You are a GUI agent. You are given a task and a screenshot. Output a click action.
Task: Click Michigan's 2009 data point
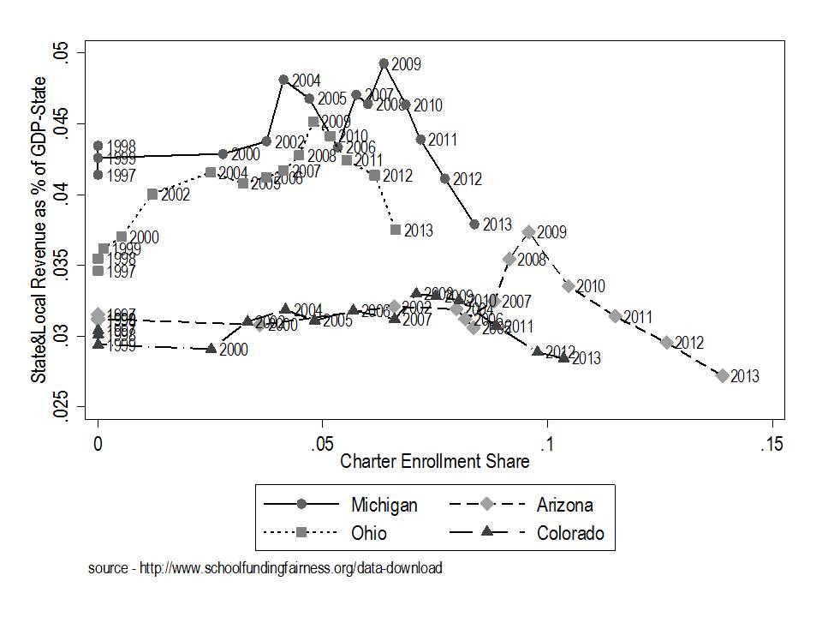click(x=384, y=63)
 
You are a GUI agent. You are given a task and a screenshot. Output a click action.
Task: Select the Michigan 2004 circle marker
click(x=283, y=79)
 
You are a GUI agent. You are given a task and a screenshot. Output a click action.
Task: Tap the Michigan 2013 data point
click(x=474, y=224)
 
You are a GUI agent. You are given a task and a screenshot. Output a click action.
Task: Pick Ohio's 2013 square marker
click(x=396, y=230)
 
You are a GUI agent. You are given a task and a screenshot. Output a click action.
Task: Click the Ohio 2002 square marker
click(x=152, y=194)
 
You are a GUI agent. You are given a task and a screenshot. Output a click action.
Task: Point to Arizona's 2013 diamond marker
click(x=723, y=375)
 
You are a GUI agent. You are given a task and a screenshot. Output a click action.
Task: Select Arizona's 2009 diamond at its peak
click(x=529, y=231)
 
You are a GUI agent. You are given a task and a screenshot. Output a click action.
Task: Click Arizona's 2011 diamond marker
click(x=615, y=316)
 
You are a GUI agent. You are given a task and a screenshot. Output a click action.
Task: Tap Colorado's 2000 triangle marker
click(x=211, y=349)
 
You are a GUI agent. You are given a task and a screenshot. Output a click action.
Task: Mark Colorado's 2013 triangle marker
click(x=563, y=357)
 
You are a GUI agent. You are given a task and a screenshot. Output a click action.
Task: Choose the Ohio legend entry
click(x=369, y=533)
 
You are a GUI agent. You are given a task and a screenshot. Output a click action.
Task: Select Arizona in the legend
click(x=564, y=505)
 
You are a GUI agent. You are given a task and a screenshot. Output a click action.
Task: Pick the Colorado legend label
click(x=570, y=533)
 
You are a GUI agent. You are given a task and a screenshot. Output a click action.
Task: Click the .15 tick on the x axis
click(x=773, y=446)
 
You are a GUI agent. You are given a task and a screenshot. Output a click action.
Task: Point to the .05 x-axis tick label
click(x=322, y=446)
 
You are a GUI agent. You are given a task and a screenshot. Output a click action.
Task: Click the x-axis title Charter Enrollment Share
click(x=434, y=461)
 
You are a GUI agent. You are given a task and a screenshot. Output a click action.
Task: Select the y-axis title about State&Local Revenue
click(x=39, y=229)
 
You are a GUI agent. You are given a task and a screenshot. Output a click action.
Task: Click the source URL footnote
click(x=265, y=568)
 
